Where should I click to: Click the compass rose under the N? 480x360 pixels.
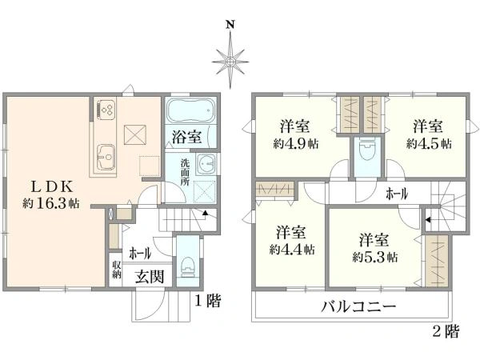230,60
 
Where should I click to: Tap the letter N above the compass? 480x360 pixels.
230,24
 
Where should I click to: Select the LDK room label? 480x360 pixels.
53,186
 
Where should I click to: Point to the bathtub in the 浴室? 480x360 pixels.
189,109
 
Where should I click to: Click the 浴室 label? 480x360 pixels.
186,136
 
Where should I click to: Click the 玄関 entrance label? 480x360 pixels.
150,277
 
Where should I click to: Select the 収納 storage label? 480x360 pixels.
116,270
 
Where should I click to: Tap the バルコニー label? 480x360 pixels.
359,306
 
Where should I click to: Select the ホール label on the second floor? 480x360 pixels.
397,194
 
